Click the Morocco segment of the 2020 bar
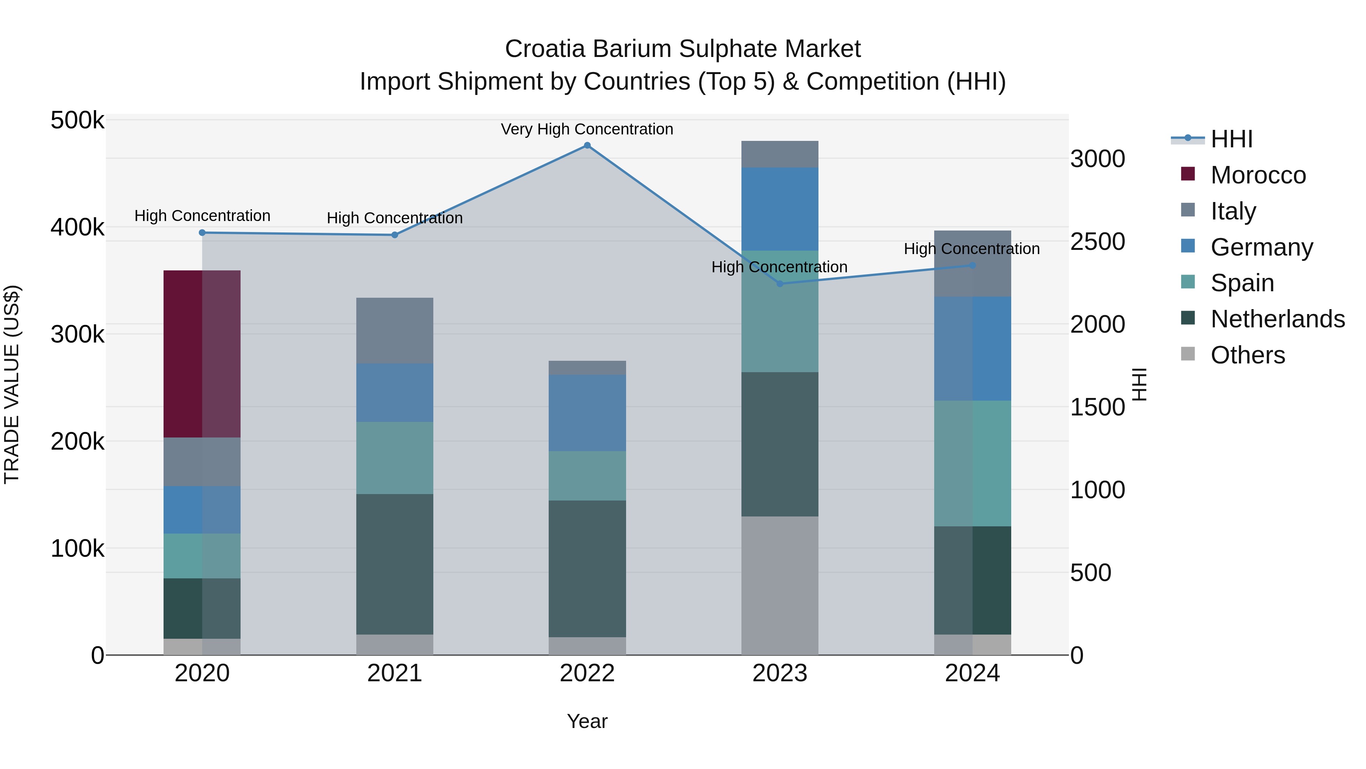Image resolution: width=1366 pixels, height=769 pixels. [x=201, y=354]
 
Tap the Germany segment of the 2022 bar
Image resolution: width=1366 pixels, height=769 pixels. [x=587, y=413]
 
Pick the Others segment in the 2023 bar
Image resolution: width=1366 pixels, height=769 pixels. [x=779, y=585]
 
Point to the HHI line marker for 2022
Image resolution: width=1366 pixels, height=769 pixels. [x=587, y=145]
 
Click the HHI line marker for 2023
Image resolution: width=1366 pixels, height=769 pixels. [x=779, y=284]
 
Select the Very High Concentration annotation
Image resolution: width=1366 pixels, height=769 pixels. [x=587, y=129]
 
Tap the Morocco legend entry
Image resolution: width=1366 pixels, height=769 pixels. [x=1258, y=175]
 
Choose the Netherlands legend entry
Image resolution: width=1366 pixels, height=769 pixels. [x=1277, y=319]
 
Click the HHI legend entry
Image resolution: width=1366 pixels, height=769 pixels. [x=1231, y=139]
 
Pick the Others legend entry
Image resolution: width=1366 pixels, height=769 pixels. [x=1247, y=355]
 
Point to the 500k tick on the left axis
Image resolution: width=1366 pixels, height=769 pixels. [x=77, y=120]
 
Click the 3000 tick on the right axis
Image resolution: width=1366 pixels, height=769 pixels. [x=1097, y=159]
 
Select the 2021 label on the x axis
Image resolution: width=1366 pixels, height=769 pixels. [x=395, y=673]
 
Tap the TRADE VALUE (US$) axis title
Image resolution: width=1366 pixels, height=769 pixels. [x=12, y=384]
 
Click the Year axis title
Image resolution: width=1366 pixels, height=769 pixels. [x=587, y=721]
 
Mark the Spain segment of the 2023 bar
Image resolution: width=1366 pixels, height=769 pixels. [x=779, y=311]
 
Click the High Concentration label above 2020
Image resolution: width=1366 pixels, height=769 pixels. [x=202, y=216]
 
